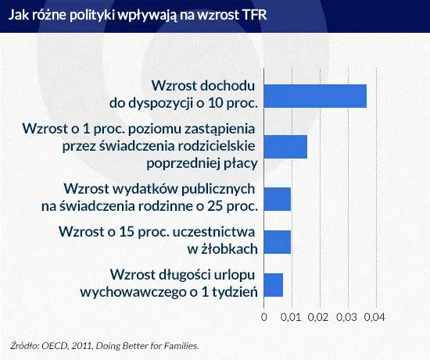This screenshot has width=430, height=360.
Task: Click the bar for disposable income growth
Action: click(x=315, y=94)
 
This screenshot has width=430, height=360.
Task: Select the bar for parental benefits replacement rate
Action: click(x=285, y=146)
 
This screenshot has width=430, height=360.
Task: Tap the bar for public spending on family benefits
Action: click(x=278, y=198)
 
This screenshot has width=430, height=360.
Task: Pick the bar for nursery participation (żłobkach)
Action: click(x=278, y=241)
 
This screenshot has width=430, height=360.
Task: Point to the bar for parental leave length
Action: click(x=274, y=284)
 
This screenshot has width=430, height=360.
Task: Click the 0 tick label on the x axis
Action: click(x=264, y=317)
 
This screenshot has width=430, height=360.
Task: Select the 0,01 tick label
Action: click(x=290, y=317)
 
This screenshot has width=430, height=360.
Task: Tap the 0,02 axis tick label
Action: click(x=318, y=317)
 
